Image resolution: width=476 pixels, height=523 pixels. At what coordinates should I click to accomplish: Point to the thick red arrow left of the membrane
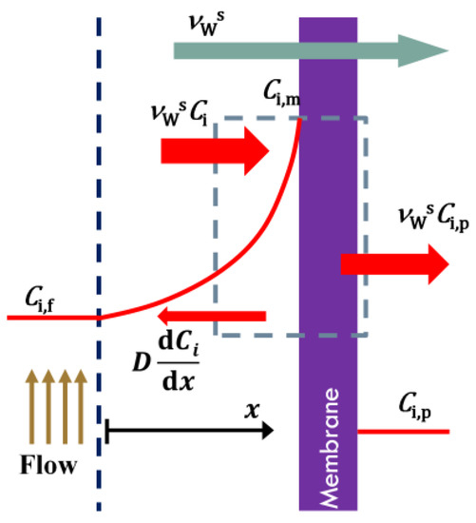tap(214, 150)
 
